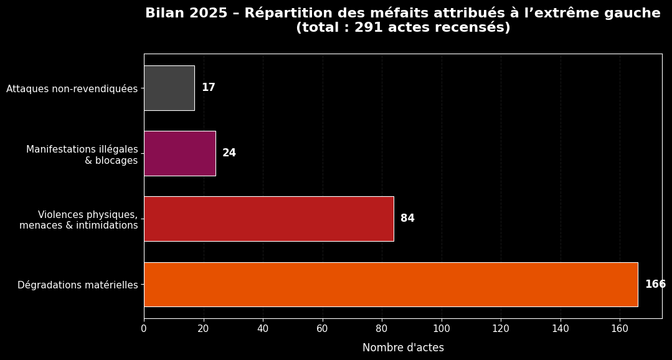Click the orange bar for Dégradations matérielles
pyautogui.click(x=390, y=285)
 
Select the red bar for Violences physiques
pyautogui.click(x=268, y=219)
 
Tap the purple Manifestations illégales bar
pyautogui.click(x=179, y=153)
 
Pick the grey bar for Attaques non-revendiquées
pyautogui.click(x=169, y=88)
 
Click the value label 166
pyautogui.click(x=655, y=285)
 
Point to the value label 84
pyautogui.click(x=407, y=219)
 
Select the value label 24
pyautogui.click(x=229, y=153)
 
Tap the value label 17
pyautogui.click(x=208, y=88)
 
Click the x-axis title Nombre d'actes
pyautogui.click(x=403, y=348)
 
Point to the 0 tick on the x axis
pyautogui.click(x=144, y=328)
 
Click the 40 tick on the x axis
pyautogui.click(x=263, y=328)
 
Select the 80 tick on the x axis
pyautogui.click(x=382, y=328)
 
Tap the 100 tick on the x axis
pyautogui.click(x=442, y=328)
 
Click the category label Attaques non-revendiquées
pyautogui.click(x=72, y=89)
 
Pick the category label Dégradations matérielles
pyautogui.click(x=77, y=285)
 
